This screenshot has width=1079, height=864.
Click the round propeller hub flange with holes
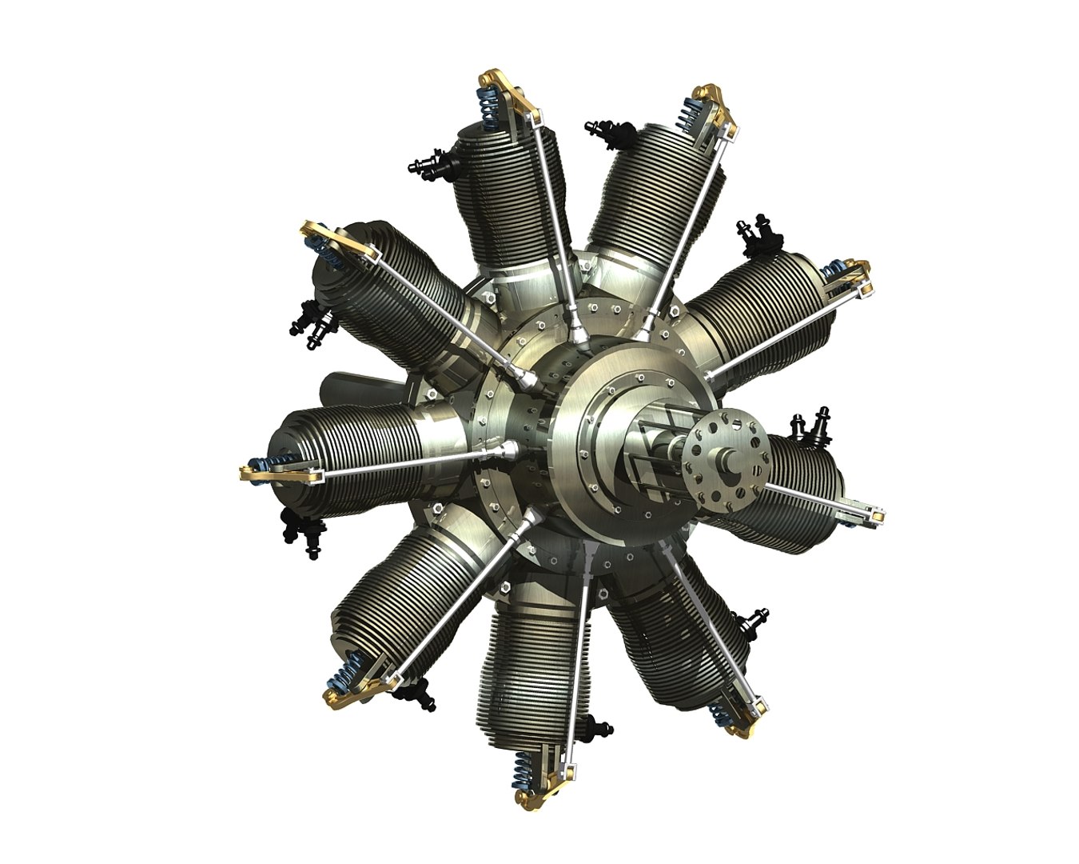click(x=716, y=459)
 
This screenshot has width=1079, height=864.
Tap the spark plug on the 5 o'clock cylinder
click(x=755, y=624)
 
